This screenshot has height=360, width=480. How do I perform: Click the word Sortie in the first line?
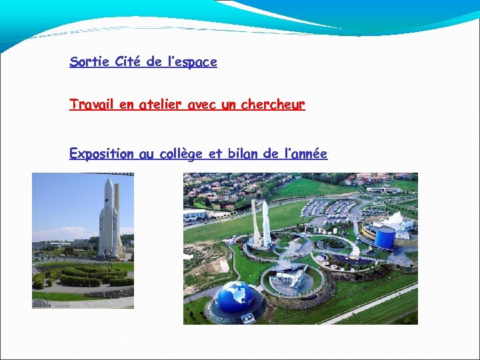pos(89,62)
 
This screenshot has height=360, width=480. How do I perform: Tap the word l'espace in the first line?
pos(192,62)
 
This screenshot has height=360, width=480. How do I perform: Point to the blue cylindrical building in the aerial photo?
pos(385,237)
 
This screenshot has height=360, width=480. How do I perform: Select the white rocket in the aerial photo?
pos(265,223)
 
